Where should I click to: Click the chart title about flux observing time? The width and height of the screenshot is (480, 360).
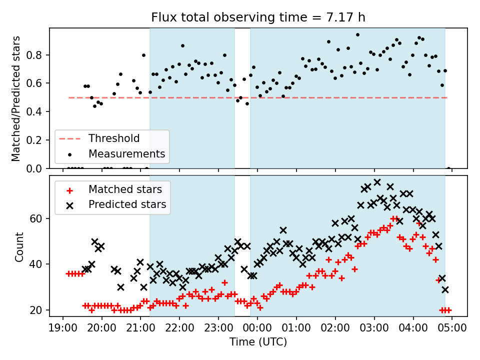tap(258, 17)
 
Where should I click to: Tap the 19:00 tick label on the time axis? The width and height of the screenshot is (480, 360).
tap(63, 327)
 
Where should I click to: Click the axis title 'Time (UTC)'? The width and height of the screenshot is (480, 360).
tap(258, 342)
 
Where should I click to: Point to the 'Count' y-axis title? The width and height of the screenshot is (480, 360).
tap(19, 247)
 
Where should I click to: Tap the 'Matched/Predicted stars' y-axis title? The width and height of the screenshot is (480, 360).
tap(16, 98)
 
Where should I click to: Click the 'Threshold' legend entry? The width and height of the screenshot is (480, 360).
tap(114, 138)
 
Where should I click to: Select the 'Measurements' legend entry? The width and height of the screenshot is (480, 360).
tap(126, 153)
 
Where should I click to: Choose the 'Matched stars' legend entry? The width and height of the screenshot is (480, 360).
tap(125, 189)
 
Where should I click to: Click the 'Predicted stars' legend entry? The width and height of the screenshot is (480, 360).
tap(127, 204)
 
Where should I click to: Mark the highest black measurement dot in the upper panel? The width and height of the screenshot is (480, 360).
tap(357, 35)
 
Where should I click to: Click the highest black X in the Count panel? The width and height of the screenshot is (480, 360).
tap(377, 182)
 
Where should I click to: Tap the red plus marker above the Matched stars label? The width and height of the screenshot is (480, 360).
tap(69, 190)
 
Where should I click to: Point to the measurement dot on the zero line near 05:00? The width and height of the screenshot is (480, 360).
tap(448, 168)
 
